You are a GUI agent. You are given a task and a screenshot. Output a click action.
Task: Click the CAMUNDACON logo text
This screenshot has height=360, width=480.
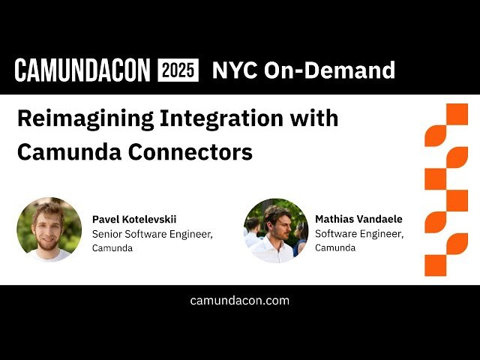tap(83, 70)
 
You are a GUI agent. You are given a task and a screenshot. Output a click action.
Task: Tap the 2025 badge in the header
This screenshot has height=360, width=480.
tap(178, 70)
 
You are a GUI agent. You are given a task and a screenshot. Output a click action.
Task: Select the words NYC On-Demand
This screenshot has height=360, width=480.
tap(303, 70)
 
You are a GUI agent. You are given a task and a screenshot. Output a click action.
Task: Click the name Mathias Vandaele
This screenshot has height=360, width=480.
tap(358, 219)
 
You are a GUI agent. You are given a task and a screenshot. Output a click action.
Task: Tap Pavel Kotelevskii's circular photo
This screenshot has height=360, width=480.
tap(49, 229)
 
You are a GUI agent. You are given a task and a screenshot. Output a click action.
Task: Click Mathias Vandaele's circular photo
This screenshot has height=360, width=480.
tap(276, 229)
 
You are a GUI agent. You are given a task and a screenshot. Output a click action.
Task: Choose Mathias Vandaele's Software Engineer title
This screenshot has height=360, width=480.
tap(359, 234)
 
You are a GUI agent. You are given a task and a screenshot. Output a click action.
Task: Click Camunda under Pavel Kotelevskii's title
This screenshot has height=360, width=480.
tap(112, 248)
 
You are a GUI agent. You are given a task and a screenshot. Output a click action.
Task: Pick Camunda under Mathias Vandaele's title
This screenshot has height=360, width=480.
tap(335, 248)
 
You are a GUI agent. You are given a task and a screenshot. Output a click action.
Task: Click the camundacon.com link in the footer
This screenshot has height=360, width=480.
tap(240, 301)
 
